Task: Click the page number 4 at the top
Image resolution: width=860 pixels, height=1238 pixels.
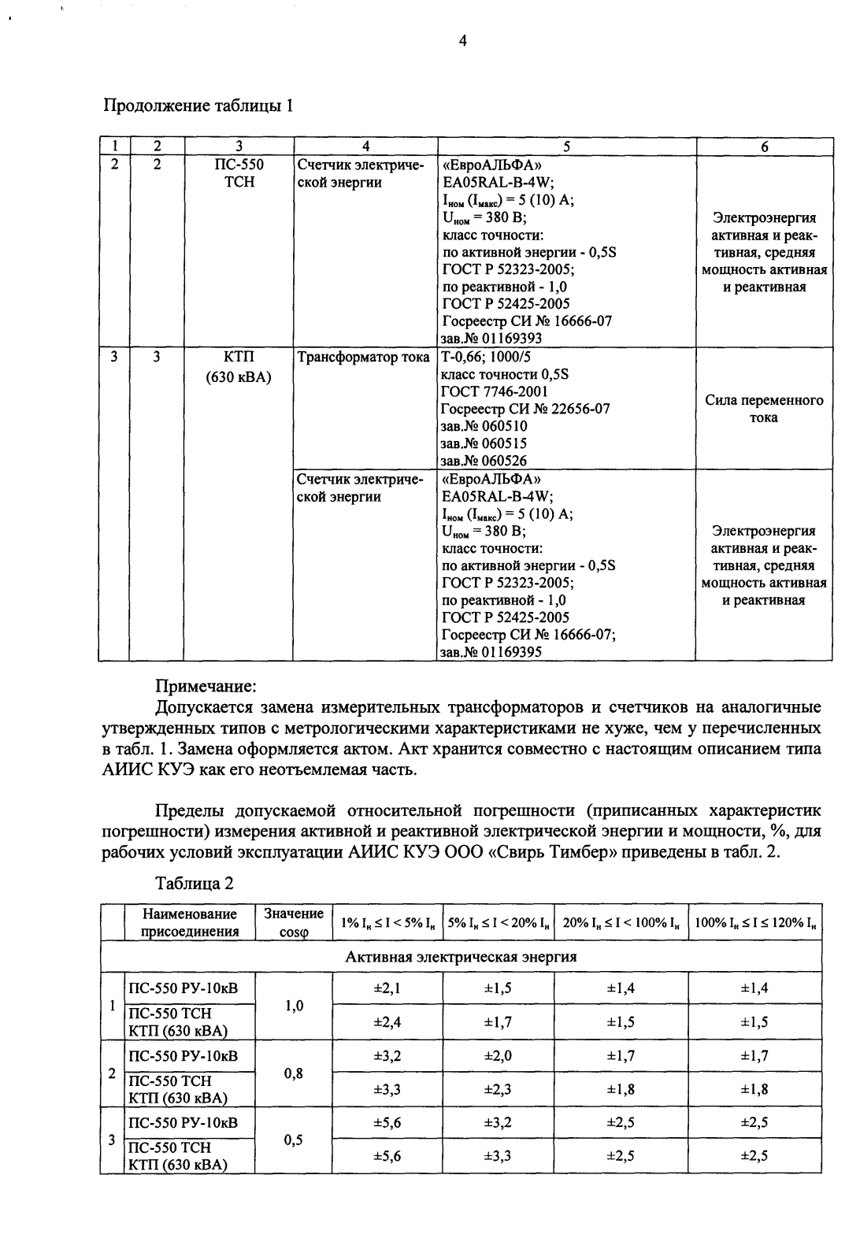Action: (x=463, y=41)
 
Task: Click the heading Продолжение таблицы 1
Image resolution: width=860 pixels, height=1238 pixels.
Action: (x=198, y=106)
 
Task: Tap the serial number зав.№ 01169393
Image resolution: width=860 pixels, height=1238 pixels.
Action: (x=491, y=338)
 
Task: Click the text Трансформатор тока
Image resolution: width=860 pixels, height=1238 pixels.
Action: (x=363, y=357)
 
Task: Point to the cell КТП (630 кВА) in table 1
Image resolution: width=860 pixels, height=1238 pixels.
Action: (x=239, y=366)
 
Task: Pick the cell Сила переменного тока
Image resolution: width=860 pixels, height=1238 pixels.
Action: (x=764, y=409)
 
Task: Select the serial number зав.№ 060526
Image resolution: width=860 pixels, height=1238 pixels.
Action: (x=484, y=461)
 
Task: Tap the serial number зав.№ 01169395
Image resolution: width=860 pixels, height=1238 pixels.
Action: (x=491, y=652)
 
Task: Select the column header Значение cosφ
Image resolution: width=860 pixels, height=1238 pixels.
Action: (x=293, y=923)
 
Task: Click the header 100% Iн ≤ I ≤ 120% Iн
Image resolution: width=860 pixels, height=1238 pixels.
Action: (x=755, y=923)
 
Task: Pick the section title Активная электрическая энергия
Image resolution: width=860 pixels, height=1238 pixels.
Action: (x=461, y=957)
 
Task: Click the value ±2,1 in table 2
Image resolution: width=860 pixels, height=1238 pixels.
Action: (x=387, y=988)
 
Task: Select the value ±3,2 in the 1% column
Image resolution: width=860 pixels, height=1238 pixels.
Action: (x=387, y=1055)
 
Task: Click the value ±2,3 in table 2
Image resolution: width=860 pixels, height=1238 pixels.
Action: (x=498, y=1089)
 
